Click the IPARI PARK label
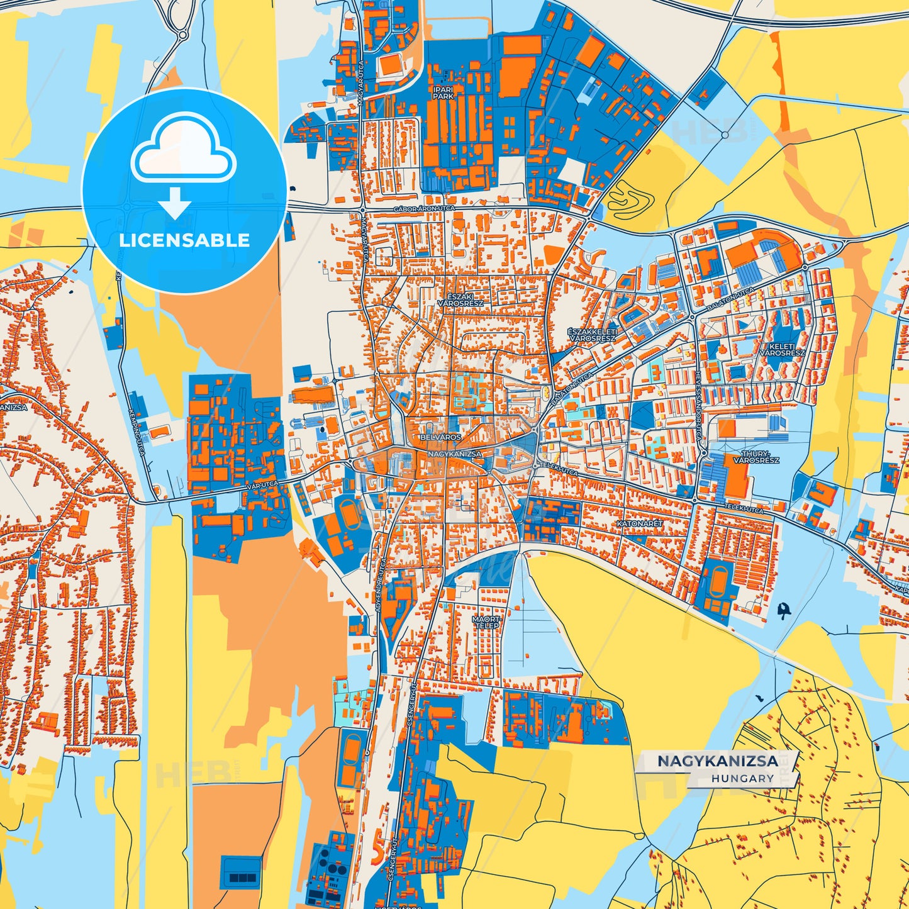(443, 93)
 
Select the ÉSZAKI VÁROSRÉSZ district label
(461, 299)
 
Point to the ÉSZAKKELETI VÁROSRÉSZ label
(591, 335)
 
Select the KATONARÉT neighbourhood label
(639, 523)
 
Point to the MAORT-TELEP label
(486, 622)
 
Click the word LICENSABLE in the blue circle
(184, 240)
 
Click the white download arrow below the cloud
(175, 203)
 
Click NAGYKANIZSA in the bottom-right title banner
(718, 761)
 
